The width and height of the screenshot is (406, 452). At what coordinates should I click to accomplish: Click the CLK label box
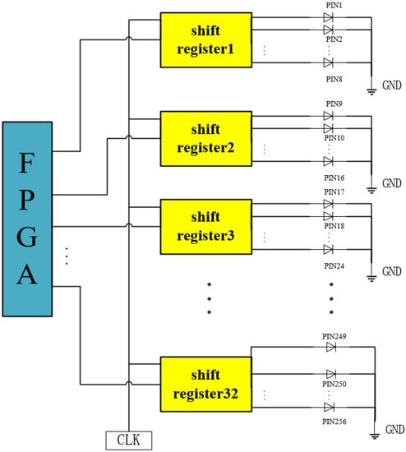128,440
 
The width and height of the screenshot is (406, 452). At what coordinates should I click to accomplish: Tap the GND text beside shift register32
393,430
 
